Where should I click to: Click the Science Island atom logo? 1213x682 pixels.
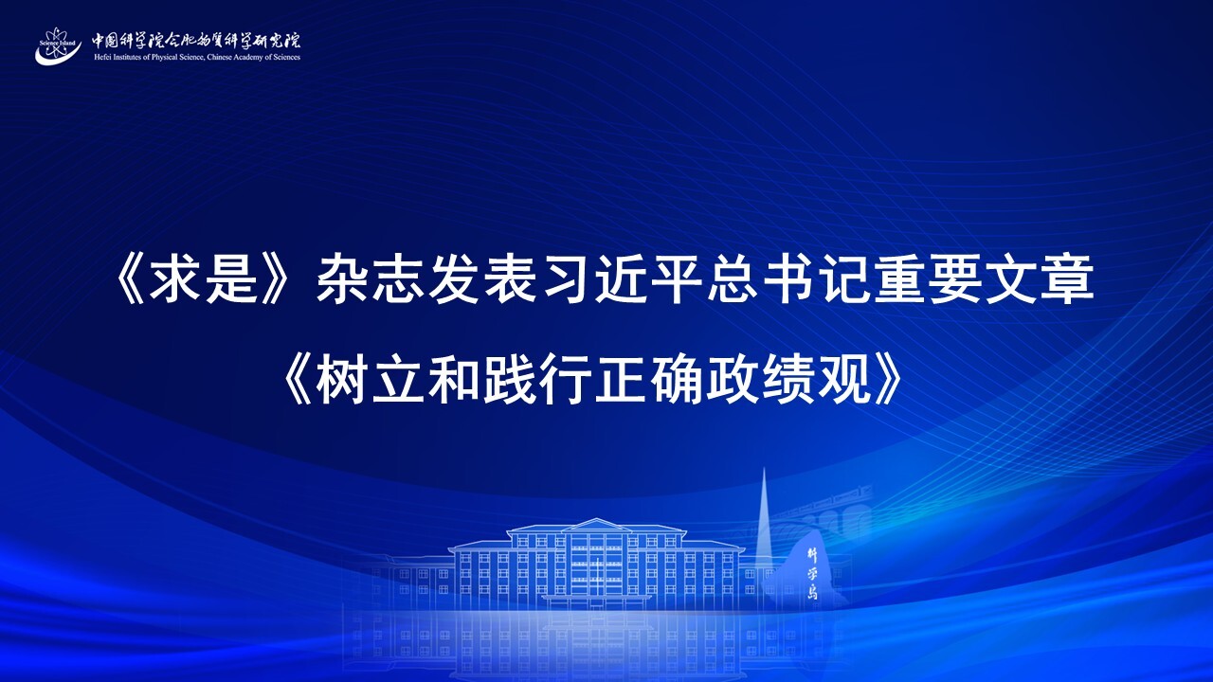coord(58,46)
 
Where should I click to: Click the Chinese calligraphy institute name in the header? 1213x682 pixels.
coord(195,40)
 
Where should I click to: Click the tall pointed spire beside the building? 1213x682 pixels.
coord(764,520)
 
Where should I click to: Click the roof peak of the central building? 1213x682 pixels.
coord(596,521)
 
